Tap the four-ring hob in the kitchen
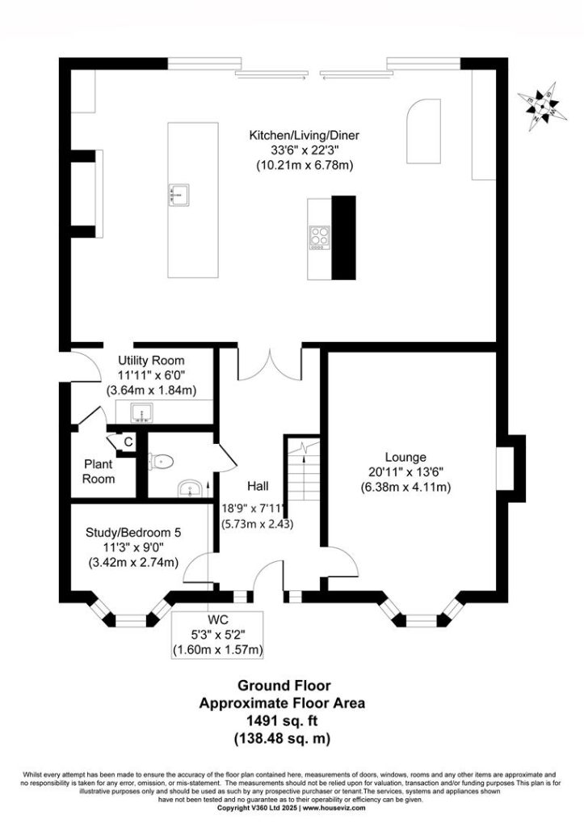(x=320, y=237)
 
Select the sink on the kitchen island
(x=179, y=193)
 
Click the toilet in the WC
(x=161, y=462)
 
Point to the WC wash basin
(x=190, y=488)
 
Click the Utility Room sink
(x=141, y=412)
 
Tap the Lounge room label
(x=405, y=458)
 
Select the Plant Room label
(x=99, y=471)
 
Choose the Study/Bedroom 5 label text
(x=133, y=533)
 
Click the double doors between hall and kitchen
(x=270, y=364)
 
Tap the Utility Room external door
(x=85, y=366)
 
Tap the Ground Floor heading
(x=284, y=686)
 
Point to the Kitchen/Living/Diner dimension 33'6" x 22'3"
(x=304, y=150)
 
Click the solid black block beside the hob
(x=343, y=238)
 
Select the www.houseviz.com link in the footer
(x=334, y=822)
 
